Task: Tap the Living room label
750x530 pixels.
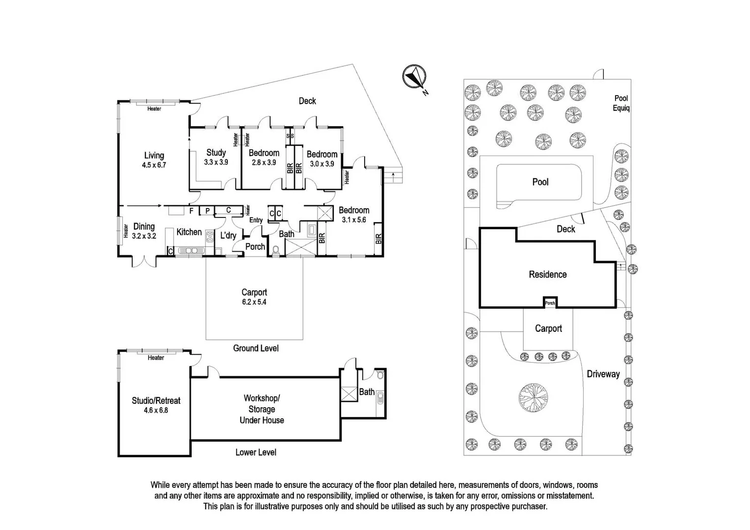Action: coord(154,160)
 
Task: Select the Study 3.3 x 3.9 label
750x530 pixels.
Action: coord(216,157)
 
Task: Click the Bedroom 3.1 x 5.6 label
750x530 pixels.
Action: coord(354,214)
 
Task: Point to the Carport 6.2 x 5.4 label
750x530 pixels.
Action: coord(254,297)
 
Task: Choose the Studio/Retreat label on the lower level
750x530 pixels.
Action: coord(156,405)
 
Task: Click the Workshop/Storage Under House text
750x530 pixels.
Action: coord(262,409)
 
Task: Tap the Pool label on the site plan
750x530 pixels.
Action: coord(540,182)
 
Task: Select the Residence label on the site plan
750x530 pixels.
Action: coord(548,274)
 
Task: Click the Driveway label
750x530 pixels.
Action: coord(603,374)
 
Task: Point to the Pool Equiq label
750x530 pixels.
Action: coord(621,103)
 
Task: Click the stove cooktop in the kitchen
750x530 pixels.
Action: coord(210,237)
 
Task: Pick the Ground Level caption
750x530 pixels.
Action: coord(256,348)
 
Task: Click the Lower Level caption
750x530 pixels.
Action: coord(256,452)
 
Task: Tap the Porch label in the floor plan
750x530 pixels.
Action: coord(255,247)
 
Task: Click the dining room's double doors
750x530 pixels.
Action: coord(144,261)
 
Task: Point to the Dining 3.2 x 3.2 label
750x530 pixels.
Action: coord(144,231)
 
